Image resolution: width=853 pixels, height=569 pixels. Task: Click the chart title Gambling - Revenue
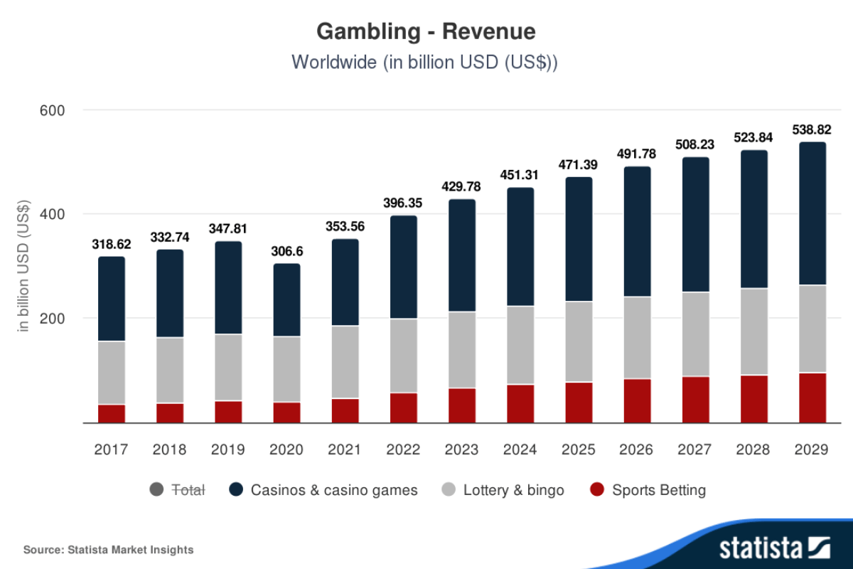(x=426, y=32)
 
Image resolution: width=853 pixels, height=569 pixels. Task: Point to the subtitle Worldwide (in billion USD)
(x=424, y=62)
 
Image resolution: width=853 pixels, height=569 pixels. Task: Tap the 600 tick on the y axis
(x=52, y=110)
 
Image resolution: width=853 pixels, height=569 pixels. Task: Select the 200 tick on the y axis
(x=52, y=318)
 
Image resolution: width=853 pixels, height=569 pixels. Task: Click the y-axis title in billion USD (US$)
(x=23, y=267)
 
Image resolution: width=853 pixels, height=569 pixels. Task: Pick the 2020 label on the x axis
(x=286, y=450)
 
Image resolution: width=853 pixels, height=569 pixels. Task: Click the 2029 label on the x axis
(x=812, y=450)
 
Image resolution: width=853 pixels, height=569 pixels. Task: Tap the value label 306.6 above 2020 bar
(x=286, y=252)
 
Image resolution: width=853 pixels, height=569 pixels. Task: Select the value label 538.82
(x=812, y=130)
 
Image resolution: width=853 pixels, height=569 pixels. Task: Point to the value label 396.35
(x=404, y=203)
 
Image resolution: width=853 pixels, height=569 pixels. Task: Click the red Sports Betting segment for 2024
(x=520, y=403)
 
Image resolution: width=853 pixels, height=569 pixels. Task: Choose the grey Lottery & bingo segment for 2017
(x=111, y=373)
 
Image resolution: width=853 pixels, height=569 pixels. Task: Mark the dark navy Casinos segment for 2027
(x=696, y=224)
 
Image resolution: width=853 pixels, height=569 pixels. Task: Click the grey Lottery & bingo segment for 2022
(x=404, y=356)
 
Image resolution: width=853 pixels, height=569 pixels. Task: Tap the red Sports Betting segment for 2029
(x=812, y=398)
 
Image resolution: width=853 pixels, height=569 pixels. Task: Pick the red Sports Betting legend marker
(x=598, y=490)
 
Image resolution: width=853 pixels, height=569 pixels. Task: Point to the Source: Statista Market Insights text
(x=108, y=549)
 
